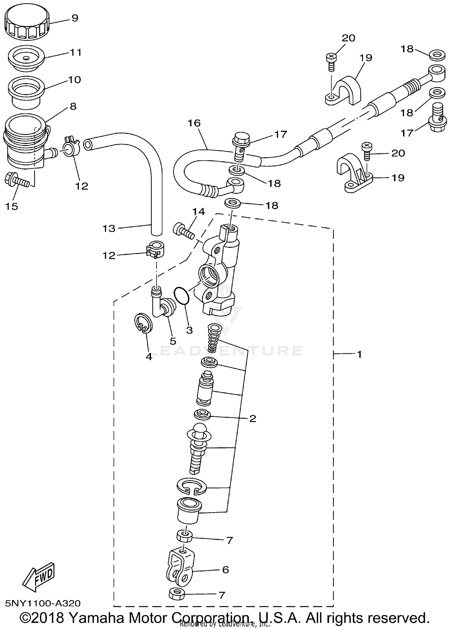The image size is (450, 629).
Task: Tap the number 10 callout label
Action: (x=74, y=80)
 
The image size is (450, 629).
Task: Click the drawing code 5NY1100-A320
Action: (x=43, y=603)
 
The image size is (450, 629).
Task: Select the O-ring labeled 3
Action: (x=181, y=295)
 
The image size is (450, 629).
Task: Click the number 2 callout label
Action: (x=253, y=419)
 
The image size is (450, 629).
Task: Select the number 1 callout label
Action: (x=359, y=355)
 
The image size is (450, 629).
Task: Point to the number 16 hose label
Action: (x=194, y=123)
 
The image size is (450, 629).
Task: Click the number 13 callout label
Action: (x=109, y=229)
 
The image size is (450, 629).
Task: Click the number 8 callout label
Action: (x=73, y=106)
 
